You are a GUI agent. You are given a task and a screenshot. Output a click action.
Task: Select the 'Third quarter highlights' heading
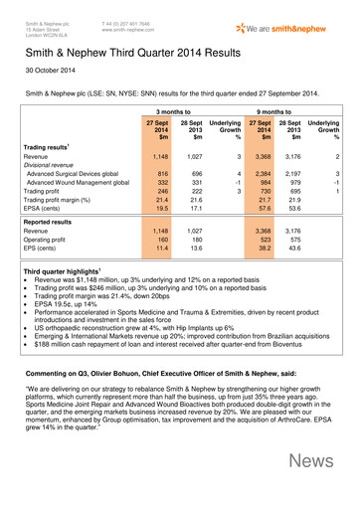pyautogui.click(x=65, y=326)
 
